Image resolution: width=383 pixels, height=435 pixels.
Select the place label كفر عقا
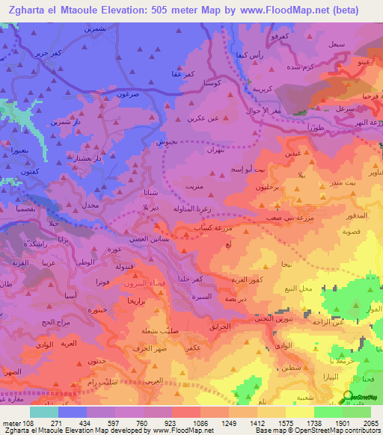point(184,74)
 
